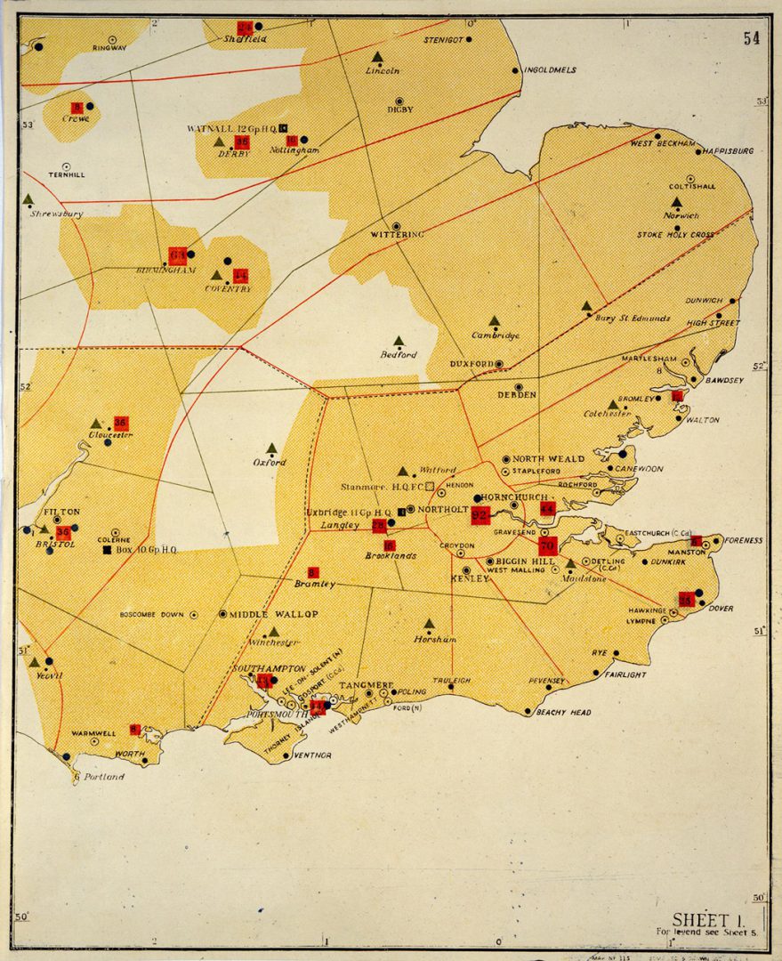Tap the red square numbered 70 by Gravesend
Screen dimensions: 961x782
[x=547, y=545]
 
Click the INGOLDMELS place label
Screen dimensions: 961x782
[x=550, y=70]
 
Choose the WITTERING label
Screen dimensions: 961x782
[x=397, y=234]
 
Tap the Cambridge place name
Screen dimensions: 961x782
[x=496, y=335]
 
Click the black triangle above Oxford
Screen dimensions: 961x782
[x=271, y=448]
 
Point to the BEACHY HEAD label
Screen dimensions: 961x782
[x=563, y=712]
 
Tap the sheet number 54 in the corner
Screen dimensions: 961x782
[x=753, y=37]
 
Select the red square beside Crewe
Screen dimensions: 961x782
[x=77, y=107]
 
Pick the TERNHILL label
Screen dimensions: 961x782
[x=67, y=175]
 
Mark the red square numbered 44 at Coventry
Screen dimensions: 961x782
[x=240, y=275]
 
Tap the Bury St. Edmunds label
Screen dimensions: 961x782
[x=632, y=318]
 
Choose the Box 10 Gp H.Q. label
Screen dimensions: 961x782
[x=147, y=550]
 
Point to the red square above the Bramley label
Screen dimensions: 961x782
[x=312, y=571]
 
